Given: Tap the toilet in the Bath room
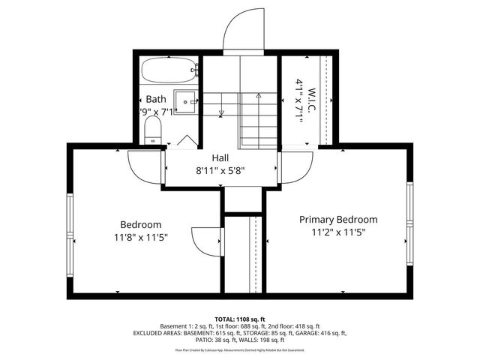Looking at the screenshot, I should pos(152,129).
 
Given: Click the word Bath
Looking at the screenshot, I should pos(156,99).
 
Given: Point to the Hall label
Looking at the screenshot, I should pos(220,157).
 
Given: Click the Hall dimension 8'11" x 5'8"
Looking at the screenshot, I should pos(220,170).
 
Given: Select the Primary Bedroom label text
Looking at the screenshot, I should pos(338,220).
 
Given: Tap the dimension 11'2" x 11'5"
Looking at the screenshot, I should pos(338,232).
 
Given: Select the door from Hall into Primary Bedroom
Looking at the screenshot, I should pos(294,163).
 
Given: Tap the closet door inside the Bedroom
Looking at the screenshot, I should pos(206,240).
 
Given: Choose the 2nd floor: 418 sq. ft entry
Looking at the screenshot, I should pos(296,325).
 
